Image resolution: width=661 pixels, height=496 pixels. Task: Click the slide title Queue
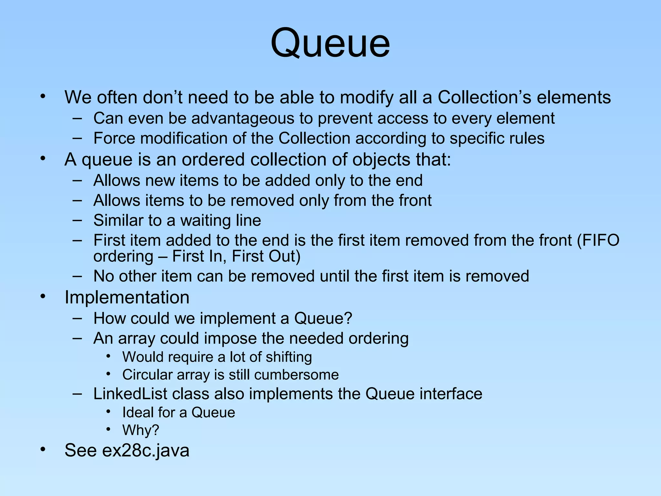330,44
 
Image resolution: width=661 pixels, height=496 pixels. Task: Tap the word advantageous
243,119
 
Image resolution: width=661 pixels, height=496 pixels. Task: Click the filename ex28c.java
146,450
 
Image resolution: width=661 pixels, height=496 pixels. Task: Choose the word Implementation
127,297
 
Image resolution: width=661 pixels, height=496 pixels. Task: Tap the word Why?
141,430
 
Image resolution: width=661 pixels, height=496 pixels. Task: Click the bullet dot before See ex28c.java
43,449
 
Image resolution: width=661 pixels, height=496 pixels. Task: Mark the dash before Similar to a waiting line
77,221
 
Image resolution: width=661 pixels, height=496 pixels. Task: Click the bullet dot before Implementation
43,296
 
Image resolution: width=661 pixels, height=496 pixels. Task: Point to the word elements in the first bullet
574,97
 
